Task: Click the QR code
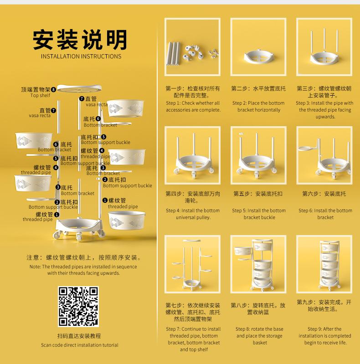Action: tap(78, 307)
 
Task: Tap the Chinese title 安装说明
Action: tap(80, 40)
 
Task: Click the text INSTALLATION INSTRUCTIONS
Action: tap(81, 56)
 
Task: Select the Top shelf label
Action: tap(40, 95)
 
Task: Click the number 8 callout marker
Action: tap(53, 90)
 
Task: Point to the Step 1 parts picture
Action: tap(193, 47)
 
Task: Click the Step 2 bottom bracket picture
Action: tap(258, 47)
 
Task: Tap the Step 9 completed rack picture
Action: tap(324, 264)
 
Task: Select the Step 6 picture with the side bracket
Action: tap(324, 155)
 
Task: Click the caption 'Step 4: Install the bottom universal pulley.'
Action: tap(193, 214)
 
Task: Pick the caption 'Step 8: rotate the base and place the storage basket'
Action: tap(259, 336)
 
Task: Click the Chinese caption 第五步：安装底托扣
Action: tap(258, 194)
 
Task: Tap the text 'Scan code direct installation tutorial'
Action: tap(80, 345)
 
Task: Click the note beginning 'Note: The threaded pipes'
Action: tap(83, 270)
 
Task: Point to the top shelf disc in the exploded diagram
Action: tap(79, 88)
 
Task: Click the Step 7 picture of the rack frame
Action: tap(193, 264)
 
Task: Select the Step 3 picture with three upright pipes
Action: tap(324, 47)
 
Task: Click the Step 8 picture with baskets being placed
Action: tap(258, 264)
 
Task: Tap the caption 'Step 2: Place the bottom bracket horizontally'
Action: tap(258, 106)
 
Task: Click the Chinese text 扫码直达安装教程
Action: tap(79, 336)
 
